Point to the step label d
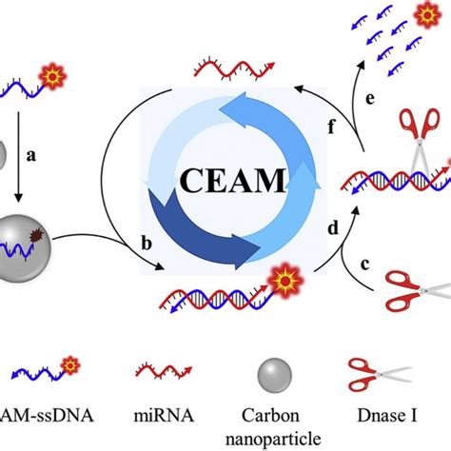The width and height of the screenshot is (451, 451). pyautogui.click(x=333, y=229)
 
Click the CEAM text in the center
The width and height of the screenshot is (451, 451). pyautogui.click(x=225, y=179)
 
